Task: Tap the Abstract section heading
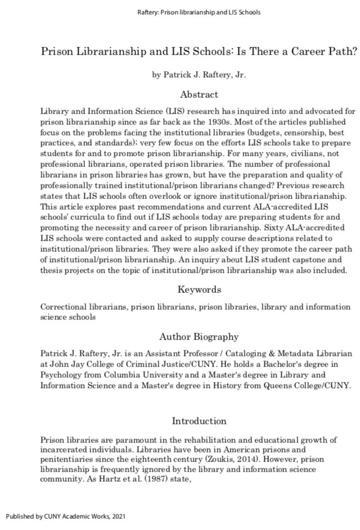199,94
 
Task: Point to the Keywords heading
199,289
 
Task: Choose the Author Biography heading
199,337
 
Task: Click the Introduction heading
199,421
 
